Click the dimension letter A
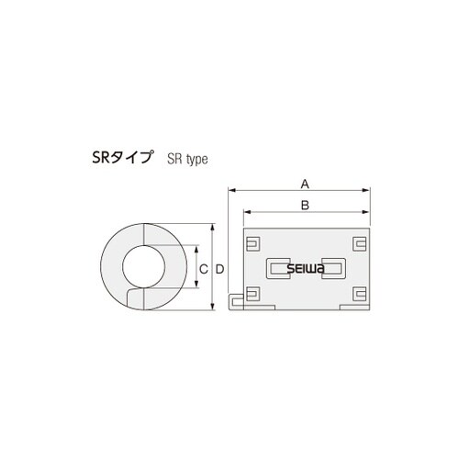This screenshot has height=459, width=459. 305,183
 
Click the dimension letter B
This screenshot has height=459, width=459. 305,205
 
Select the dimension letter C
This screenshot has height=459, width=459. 202,268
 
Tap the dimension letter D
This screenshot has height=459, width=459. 220,268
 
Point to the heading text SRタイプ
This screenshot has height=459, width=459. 127,157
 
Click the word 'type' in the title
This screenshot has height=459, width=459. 196,159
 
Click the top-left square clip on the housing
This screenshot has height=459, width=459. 252,243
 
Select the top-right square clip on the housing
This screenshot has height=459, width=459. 358,243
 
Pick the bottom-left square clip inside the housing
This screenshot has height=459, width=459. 252,295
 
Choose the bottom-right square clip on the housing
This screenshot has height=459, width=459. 358,295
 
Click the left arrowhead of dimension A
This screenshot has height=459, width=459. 230,190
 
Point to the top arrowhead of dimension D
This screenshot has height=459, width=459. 214,225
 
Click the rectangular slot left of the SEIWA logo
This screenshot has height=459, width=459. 276,269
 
